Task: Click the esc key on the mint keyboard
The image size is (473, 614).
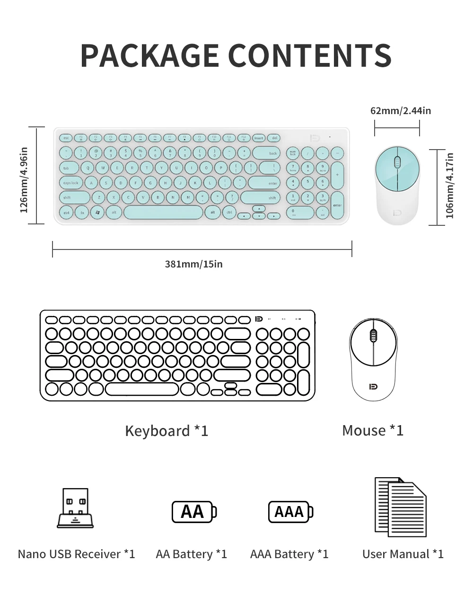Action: coord(66,138)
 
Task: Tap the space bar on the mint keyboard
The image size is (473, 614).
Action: coord(163,213)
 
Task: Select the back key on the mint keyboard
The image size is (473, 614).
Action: coord(266,153)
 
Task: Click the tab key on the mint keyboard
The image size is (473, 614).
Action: coord(69,168)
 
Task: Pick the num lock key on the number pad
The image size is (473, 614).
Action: coord(293,153)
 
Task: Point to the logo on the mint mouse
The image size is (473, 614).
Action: coord(397,213)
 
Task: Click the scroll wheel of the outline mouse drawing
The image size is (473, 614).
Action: coord(373,336)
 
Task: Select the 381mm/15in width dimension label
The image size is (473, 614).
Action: coord(193,264)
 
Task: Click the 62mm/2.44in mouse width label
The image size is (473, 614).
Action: coord(401,111)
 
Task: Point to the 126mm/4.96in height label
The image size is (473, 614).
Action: coord(24,180)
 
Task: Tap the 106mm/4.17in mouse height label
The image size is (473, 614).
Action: coord(449,186)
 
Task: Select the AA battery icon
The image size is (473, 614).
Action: coord(194,512)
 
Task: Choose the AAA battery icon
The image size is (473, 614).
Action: coord(290,512)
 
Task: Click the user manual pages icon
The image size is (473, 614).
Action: coord(400,507)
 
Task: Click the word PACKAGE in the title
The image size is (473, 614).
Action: coord(149,55)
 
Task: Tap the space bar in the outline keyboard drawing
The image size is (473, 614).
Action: coord(142,389)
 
